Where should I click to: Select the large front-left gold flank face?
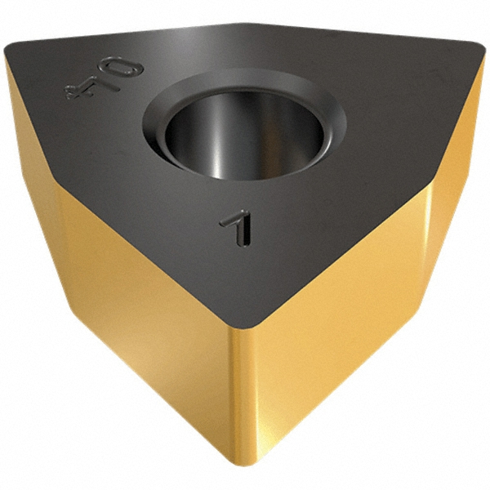click(x=139, y=327)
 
